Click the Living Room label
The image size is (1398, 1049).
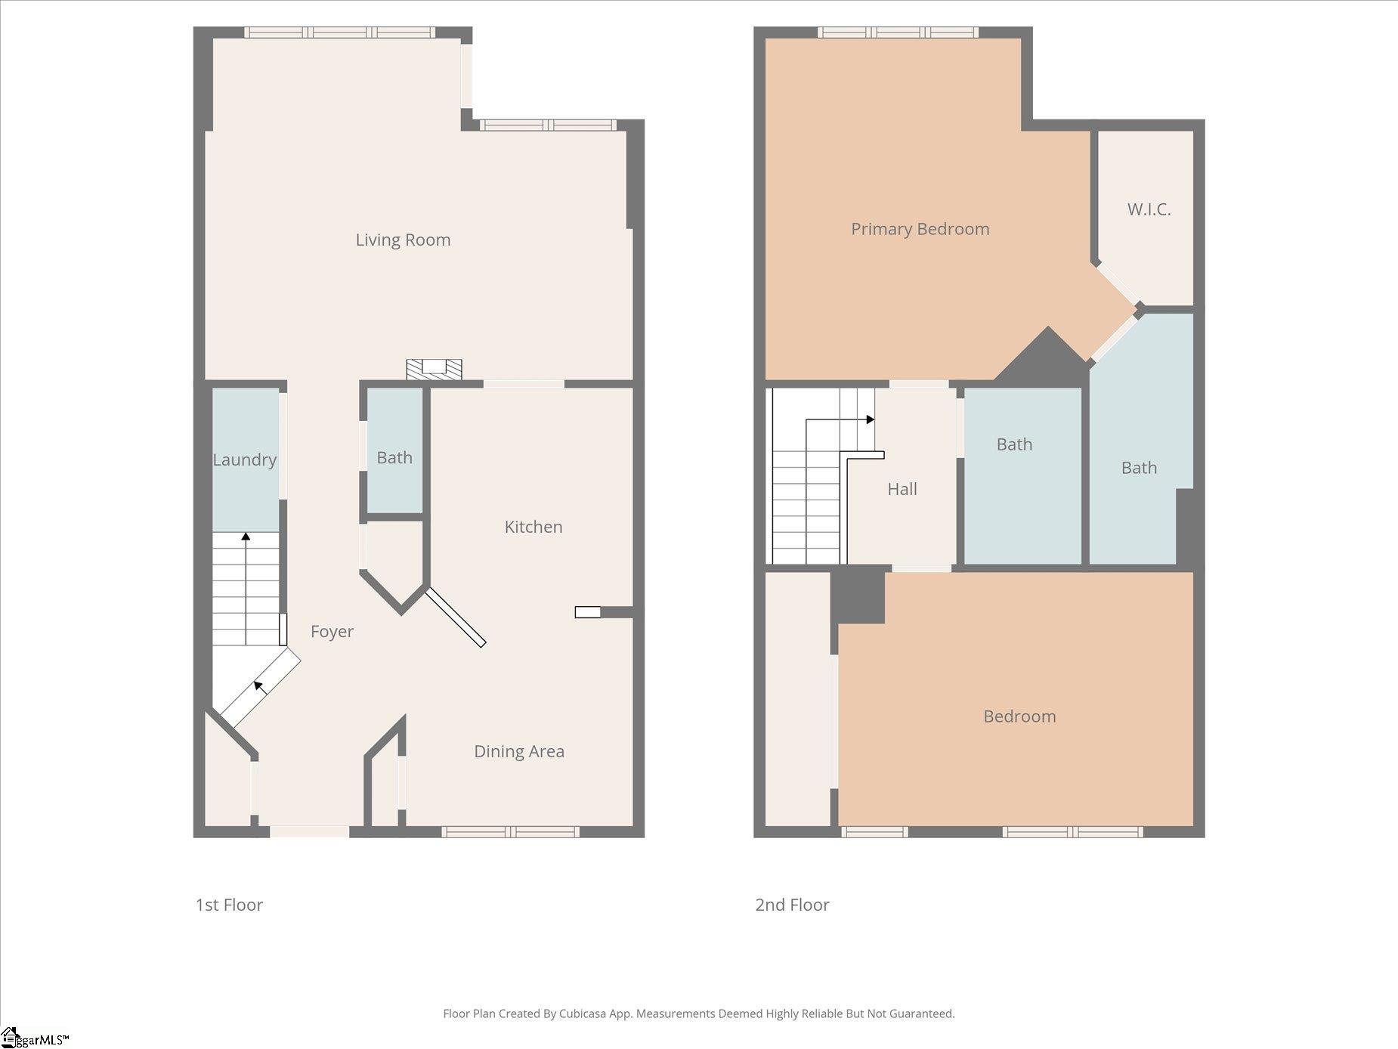(x=403, y=240)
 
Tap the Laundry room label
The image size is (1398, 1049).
(x=244, y=460)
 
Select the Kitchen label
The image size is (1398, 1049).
(x=534, y=527)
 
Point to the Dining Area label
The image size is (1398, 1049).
(x=519, y=751)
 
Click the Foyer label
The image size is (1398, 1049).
(x=332, y=631)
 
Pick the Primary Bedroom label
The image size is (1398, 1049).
(x=920, y=229)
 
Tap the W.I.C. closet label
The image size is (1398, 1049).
(x=1149, y=209)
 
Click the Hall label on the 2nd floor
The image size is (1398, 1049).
(x=902, y=489)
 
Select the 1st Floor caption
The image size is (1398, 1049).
(x=229, y=905)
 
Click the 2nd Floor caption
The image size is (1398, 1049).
(x=792, y=905)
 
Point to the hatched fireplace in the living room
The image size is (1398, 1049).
(x=434, y=369)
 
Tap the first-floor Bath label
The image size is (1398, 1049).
(x=394, y=457)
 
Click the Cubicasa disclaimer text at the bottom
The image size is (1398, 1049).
(x=699, y=1013)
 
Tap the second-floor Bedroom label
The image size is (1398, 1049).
(x=1019, y=716)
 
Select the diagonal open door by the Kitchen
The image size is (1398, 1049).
(x=456, y=618)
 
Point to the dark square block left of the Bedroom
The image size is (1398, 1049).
(x=858, y=596)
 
